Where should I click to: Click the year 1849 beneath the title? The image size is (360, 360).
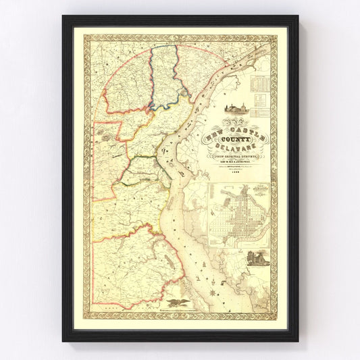(x=234, y=171)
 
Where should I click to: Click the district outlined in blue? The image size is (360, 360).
(x=161, y=74)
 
